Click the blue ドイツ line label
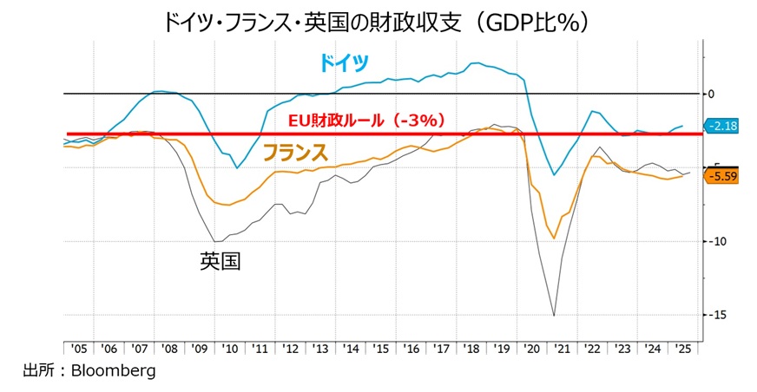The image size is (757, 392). pyautogui.click(x=343, y=62)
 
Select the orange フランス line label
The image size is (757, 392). pyautogui.click(x=295, y=153)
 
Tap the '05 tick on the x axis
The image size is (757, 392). pyautogui.click(x=78, y=349)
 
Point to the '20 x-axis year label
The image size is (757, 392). pyautogui.click(x=531, y=349)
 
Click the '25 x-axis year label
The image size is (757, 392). pyautogui.click(x=682, y=349)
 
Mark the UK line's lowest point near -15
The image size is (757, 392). pyautogui.click(x=554, y=315)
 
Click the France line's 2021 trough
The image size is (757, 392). pyautogui.click(x=554, y=238)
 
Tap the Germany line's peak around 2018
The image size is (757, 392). pyautogui.click(x=477, y=62)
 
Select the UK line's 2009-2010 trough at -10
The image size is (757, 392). pyautogui.click(x=215, y=241)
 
